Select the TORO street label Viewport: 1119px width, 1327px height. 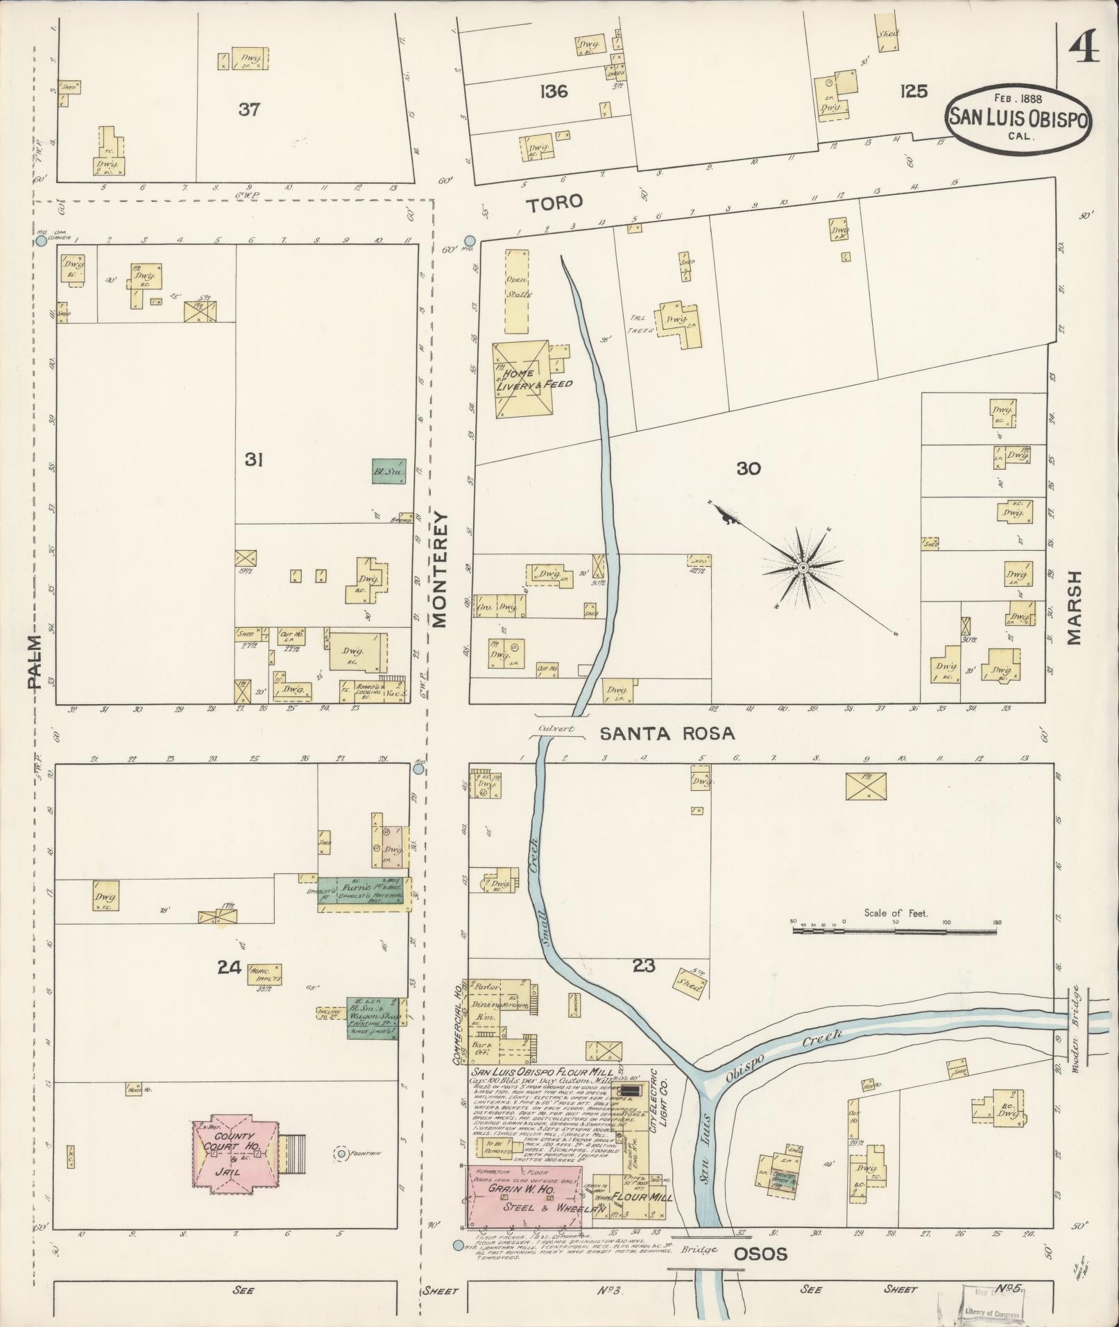(554, 203)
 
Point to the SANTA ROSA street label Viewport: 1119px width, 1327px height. (666, 733)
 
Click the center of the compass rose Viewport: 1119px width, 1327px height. (803, 568)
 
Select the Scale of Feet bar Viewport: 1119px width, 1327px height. (894, 931)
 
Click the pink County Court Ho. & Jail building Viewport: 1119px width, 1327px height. (235, 1153)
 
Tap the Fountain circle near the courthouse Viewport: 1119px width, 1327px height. (341, 1153)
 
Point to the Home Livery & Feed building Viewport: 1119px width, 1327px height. (521, 379)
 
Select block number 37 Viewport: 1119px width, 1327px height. (248, 110)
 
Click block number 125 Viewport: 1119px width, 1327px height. (913, 92)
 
